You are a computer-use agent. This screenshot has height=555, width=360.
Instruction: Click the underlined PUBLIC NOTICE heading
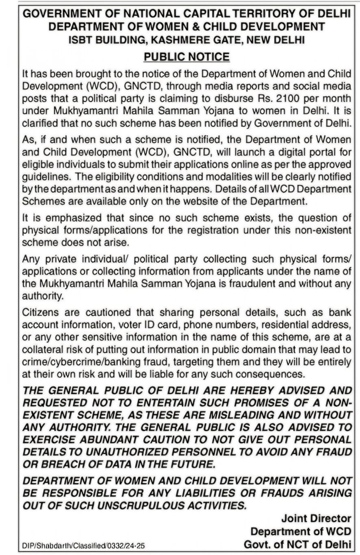click(187, 56)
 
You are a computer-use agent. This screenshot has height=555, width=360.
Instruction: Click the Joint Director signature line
click(316, 518)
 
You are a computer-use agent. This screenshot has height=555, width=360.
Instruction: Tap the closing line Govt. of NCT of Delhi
click(297, 544)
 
